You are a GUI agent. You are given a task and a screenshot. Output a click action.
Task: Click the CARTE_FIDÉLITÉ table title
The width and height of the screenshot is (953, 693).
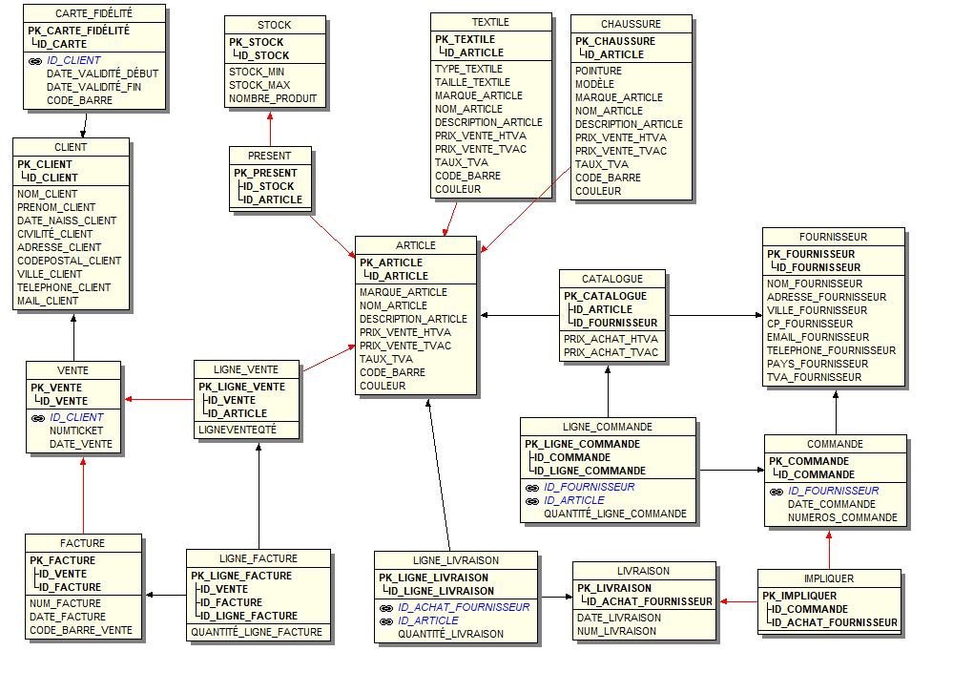point(93,13)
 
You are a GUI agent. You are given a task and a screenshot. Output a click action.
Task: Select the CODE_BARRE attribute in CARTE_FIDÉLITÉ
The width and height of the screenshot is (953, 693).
point(79,100)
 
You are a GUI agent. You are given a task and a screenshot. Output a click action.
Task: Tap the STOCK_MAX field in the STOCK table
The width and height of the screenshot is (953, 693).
point(259,85)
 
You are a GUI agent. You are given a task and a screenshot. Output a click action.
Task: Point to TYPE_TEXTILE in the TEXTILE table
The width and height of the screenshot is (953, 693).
point(468,69)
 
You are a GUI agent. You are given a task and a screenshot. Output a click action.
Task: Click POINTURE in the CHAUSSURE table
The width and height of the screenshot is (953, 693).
point(598,71)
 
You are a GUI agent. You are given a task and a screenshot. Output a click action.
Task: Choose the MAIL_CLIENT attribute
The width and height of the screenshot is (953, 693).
point(48,301)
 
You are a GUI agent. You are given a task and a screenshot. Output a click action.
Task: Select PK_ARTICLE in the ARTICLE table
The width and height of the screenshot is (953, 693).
point(391,262)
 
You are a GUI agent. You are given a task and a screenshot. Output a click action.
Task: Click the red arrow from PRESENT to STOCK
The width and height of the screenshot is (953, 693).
point(270,129)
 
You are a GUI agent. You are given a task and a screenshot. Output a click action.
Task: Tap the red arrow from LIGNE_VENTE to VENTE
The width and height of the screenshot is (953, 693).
point(159,399)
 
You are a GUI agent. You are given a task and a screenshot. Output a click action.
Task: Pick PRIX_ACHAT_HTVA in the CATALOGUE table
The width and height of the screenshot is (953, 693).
point(611,339)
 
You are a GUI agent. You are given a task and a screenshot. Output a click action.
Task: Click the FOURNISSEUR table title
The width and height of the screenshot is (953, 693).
point(833,237)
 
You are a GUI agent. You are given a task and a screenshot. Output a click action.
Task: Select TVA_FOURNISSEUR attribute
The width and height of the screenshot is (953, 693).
point(814,377)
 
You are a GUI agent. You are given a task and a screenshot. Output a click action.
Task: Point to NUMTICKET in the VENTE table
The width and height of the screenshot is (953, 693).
point(76,430)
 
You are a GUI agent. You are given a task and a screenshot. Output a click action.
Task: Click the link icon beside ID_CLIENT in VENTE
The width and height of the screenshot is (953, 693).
point(38,418)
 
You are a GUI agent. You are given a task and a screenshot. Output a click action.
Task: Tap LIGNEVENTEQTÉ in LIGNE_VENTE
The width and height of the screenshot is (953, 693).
point(237,430)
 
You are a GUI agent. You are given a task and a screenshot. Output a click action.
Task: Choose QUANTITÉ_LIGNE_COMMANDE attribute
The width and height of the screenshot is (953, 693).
point(615,514)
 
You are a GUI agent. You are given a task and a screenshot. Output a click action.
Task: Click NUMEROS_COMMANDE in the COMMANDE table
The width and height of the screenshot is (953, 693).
point(842,517)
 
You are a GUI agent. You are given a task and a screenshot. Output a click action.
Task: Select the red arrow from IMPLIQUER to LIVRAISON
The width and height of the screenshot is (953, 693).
point(739,601)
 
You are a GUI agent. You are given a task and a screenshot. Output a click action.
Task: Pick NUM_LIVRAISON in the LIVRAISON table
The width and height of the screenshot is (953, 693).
point(616,631)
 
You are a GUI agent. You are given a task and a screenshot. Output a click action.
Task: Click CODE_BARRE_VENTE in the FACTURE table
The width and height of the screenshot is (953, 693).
point(81,630)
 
